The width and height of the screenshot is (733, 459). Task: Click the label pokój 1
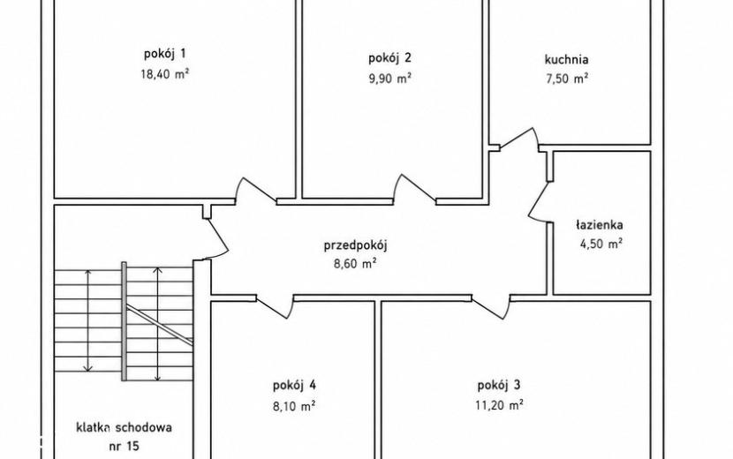coord(164,54)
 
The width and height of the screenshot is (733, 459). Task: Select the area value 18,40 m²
coord(164,74)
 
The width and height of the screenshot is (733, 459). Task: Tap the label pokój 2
coord(389,58)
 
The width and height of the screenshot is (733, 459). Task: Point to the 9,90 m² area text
coord(389,78)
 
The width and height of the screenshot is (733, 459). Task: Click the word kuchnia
coord(566,59)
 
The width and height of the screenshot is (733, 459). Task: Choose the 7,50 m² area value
coord(567,78)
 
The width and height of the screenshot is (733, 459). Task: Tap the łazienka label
coord(599,225)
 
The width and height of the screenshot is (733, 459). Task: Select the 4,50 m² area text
coord(601,244)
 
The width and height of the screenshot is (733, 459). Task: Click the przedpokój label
coord(356,246)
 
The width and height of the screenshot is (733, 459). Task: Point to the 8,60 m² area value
coord(355,264)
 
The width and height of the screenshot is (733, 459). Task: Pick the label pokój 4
coord(294,386)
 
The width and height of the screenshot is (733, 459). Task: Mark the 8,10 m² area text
coord(294,406)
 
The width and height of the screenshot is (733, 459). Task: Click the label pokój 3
coord(499,386)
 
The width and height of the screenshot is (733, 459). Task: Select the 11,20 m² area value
coord(499,405)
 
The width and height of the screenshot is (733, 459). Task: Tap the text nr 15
coord(124,446)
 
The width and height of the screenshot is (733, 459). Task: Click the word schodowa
coord(144,427)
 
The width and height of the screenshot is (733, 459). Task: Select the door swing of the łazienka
coord(537,202)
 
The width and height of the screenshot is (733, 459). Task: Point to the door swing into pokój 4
coord(276,307)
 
